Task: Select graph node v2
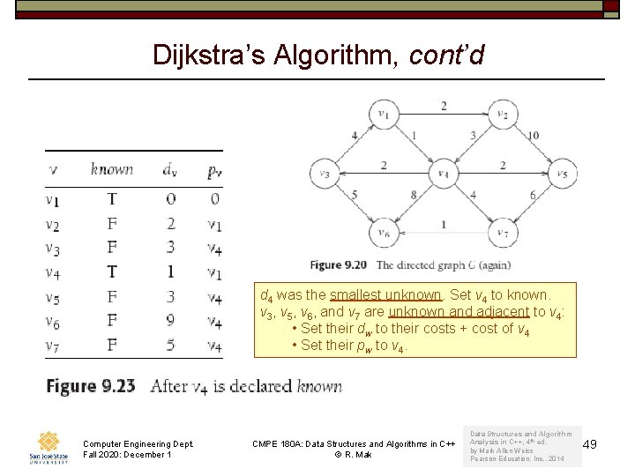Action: click(x=503, y=114)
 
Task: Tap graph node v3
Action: click(x=325, y=174)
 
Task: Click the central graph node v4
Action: click(x=443, y=174)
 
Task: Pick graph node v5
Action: click(x=562, y=174)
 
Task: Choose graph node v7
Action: click(x=503, y=233)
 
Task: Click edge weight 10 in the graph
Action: click(x=534, y=136)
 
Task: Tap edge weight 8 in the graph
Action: click(x=413, y=195)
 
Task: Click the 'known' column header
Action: click(x=112, y=169)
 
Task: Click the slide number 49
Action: click(x=590, y=443)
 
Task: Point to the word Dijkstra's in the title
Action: click(x=208, y=55)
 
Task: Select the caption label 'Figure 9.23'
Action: click(x=91, y=386)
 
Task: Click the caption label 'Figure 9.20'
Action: click(x=339, y=264)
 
